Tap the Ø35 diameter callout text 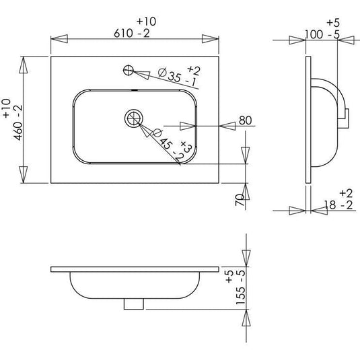tap(172, 75)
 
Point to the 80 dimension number tap(245, 121)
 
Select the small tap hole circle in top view tap(129, 69)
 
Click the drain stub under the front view tap(135, 304)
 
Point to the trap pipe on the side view tap(345, 114)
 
